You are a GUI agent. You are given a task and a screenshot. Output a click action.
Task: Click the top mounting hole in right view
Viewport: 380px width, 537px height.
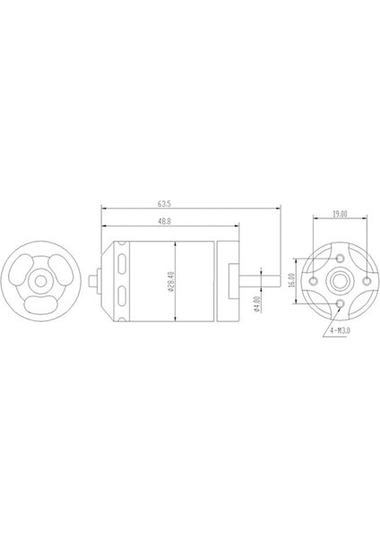tap(341, 255)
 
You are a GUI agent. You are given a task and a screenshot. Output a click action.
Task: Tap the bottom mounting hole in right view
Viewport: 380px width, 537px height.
tap(341, 305)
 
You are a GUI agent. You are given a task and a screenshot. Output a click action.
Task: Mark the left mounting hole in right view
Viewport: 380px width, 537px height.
tap(315, 280)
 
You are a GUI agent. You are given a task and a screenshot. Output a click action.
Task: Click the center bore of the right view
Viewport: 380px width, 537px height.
tap(341, 280)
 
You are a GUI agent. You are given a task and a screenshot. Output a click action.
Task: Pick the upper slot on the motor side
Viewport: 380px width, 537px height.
tap(121, 263)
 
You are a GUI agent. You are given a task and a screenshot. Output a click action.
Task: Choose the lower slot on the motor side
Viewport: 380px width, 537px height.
tap(121, 298)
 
